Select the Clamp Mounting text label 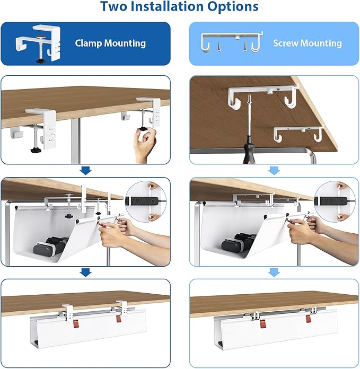pos(111,43)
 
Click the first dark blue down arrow pos(85,171)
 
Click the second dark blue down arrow pos(85,273)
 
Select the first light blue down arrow pos(274,171)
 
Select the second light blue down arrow pos(274,273)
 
